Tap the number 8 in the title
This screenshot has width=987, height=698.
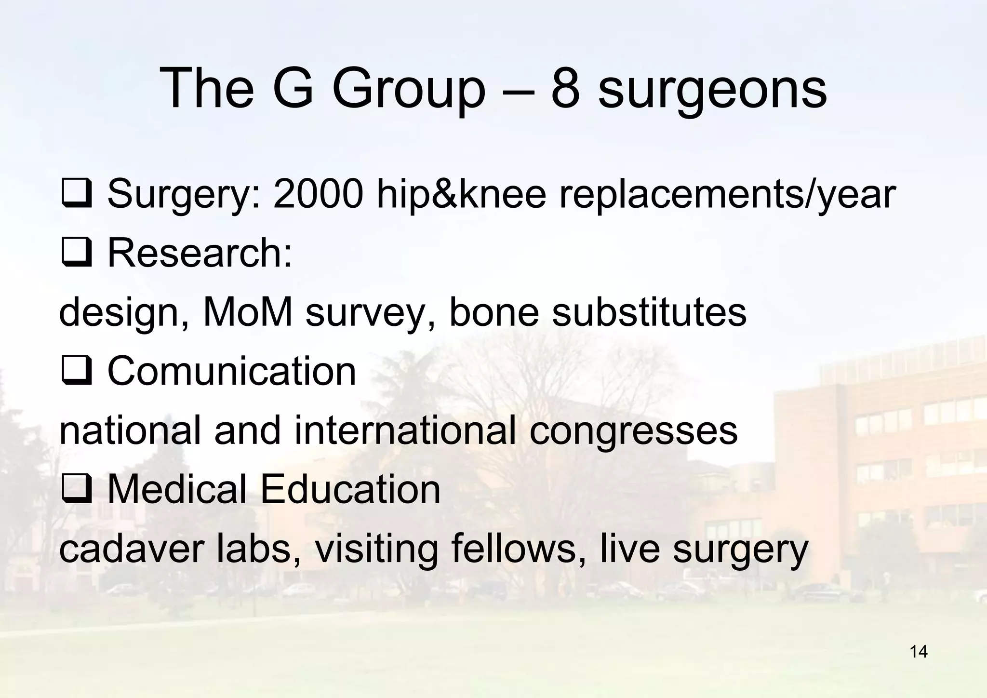pyautogui.click(x=565, y=88)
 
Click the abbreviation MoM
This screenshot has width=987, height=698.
pyautogui.click(x=248, y=312)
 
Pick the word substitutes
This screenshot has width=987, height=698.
pyautogui.click(x=649, y=312)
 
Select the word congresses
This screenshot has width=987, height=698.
pyautogui.click(x=633, y=431)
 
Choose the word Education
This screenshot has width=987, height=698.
pyautogui.click(x=350, y=489)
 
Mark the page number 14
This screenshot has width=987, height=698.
pyautogui.click(x=919, y=652)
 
